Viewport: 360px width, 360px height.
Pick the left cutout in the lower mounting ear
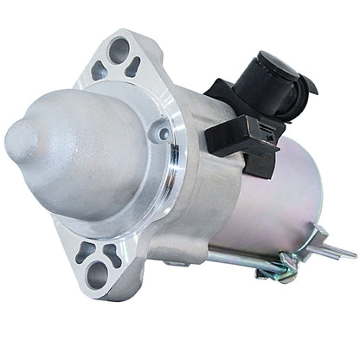tap(85, 252)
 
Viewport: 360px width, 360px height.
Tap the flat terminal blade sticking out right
tap(337, 252)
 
